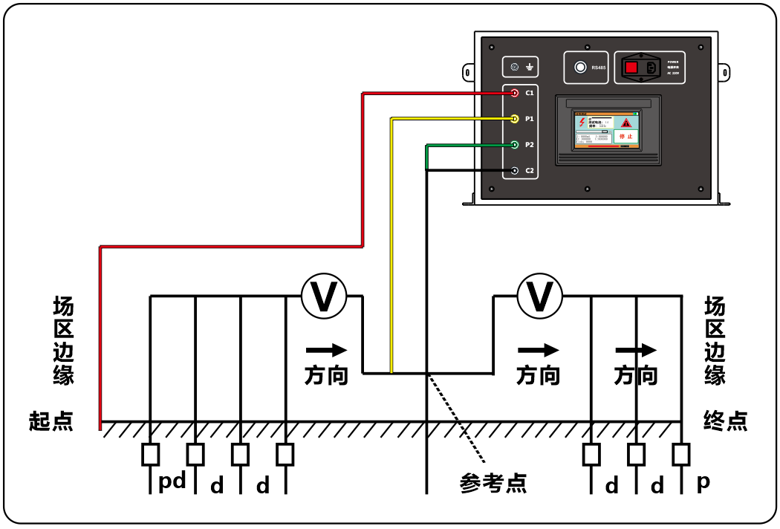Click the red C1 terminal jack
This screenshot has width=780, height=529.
(515, 93)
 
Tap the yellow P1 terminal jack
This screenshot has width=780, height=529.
(515, 119)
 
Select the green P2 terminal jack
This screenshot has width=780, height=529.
(515, 145)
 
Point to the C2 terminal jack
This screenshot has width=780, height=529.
(515, 172)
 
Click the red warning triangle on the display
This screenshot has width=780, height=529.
(626, 122)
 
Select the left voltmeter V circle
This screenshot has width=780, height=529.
(324, 296)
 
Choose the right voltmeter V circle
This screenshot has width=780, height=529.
(540, 296)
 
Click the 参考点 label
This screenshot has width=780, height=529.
(493, 484)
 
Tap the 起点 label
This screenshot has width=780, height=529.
(51, 421)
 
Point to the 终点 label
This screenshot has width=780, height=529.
(725, 421)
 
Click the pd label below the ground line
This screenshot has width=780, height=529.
(172, 482)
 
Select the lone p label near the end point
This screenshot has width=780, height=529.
(703, 481)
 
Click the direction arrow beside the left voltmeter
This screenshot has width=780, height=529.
(327, 350)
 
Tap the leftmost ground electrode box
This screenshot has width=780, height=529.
(150, 454)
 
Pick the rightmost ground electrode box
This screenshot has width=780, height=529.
(681, 454)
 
